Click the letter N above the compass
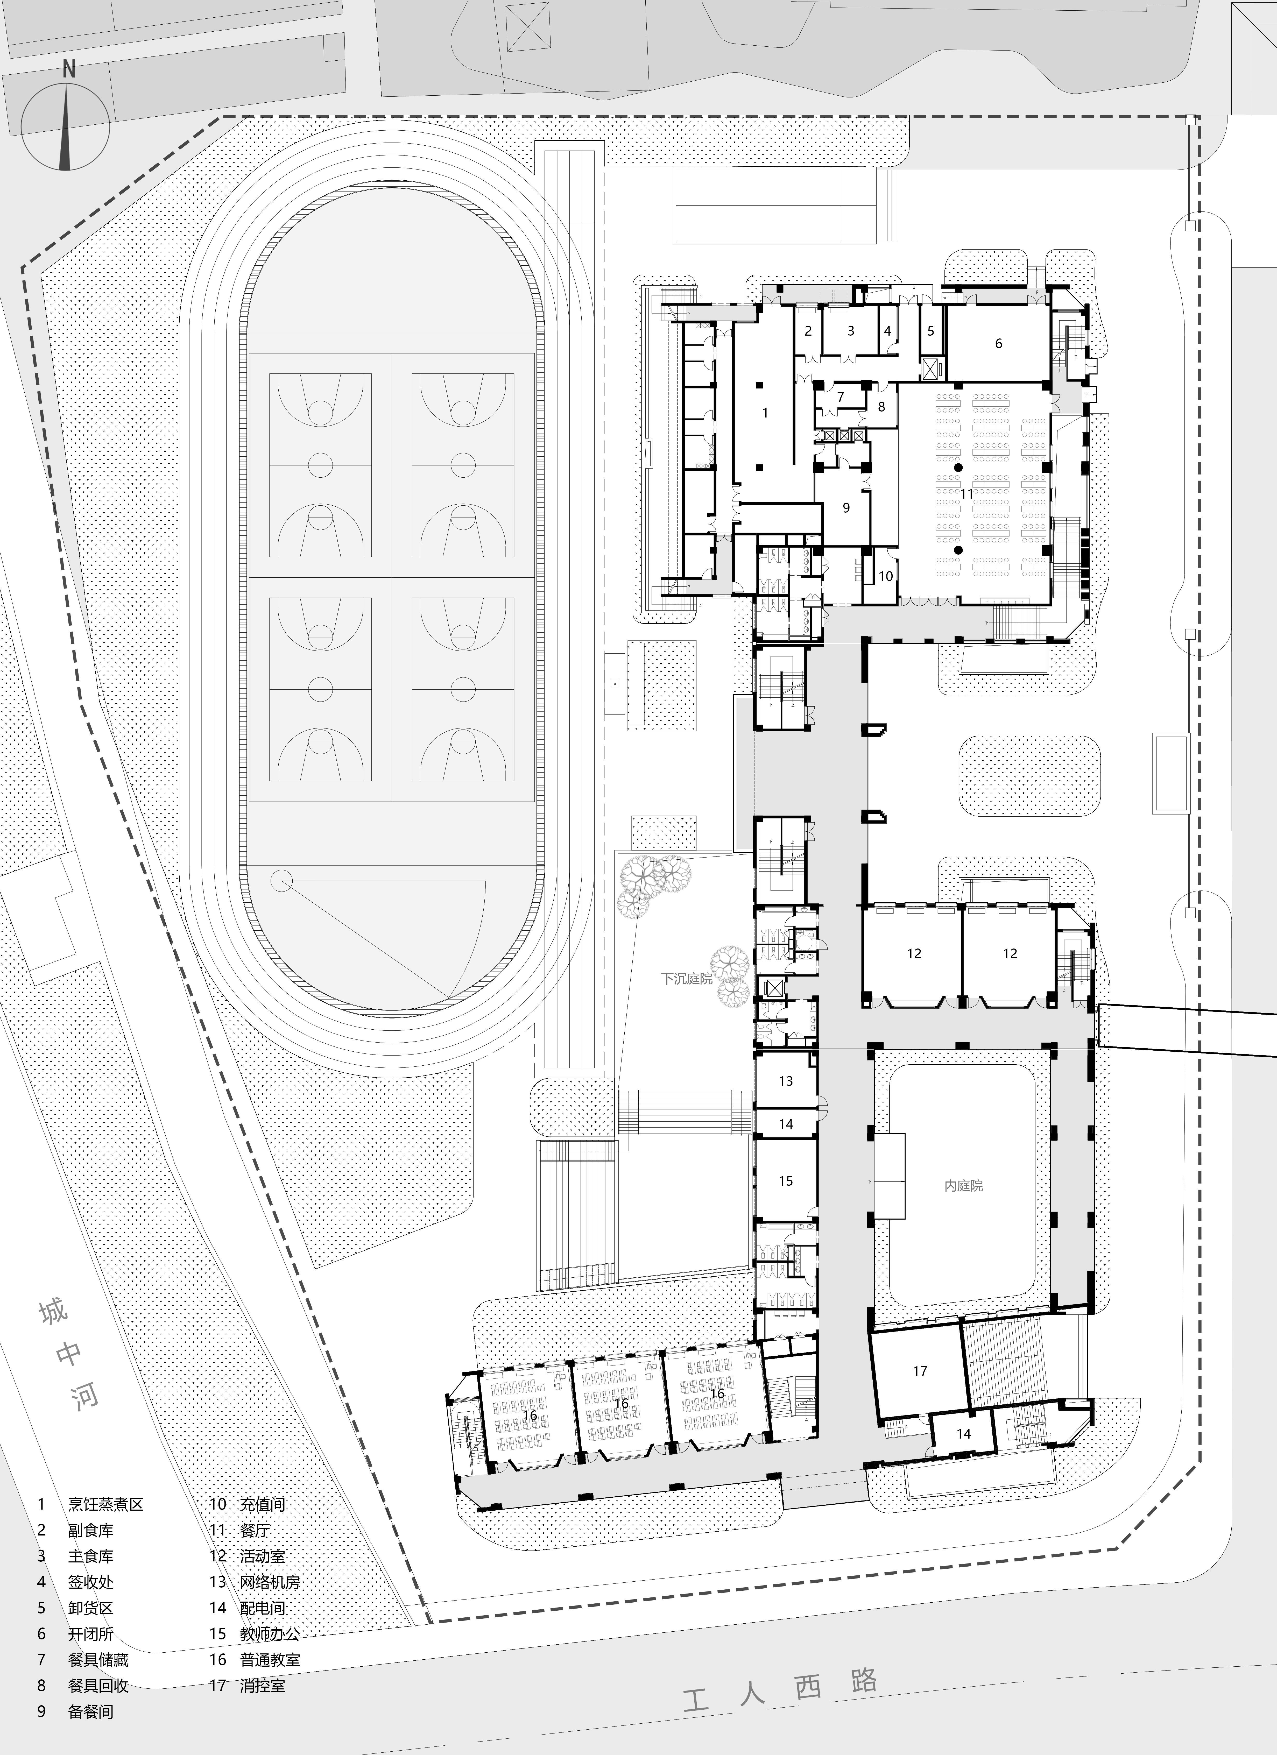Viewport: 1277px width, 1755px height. pos(69,70)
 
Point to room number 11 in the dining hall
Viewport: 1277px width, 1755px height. pos(968,493)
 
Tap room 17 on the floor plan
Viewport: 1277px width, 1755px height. pos(919,1370)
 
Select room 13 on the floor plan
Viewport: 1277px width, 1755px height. pos(786,1081)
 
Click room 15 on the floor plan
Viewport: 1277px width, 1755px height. pos(786,1181)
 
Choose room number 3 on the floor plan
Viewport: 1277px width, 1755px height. pos(851,330)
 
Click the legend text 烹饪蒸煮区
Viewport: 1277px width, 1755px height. pos(105,1504)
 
